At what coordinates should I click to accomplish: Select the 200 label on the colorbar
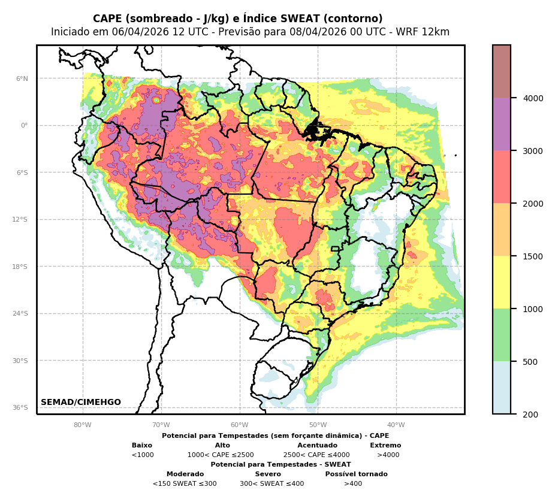click(x=526, y=415)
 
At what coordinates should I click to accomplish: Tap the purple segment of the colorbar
click(x=502, y=124)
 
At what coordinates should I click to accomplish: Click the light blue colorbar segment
click(x=502, y=388)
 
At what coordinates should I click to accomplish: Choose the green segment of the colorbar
click(x=502, y=335)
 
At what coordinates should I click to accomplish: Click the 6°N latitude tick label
click(x=22, y=78)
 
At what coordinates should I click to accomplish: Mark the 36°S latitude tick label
click(x=20, y=408)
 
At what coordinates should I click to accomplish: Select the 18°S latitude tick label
click(x=20, y=267)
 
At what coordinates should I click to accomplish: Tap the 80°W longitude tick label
click(x=83, y=425)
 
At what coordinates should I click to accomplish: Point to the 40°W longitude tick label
click(x=396, y=425)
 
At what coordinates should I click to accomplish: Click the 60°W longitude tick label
click(x=240, y=425)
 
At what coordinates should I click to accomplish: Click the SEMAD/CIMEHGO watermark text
click(x=81, y=403)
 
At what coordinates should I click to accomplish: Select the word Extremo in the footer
click(x=385, y=446)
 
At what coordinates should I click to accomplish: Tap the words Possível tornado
click(x=356, y=474)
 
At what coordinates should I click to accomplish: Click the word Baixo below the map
click(x=142, y=446)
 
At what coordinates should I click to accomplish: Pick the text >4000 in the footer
click(x=388, y=455)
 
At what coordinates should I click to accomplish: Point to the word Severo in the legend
click(x=268, y=474)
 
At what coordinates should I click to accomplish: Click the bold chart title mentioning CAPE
click(x=238, y=19)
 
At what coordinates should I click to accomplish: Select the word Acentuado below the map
click(x=317, y=446)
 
